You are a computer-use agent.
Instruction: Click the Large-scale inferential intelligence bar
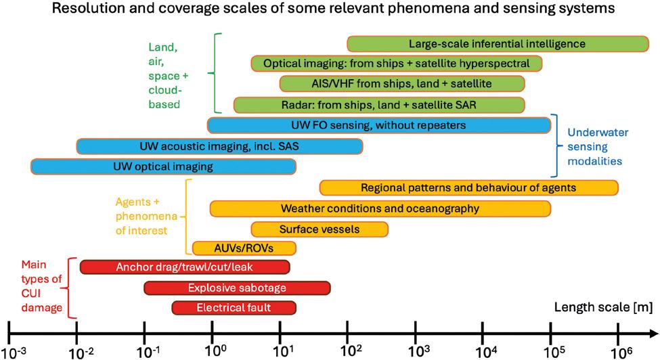tap(497, 44)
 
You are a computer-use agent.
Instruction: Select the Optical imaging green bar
tap(397, 64)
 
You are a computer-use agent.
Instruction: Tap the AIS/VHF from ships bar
tap(402, 84)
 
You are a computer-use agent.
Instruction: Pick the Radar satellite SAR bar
tap(378, 105)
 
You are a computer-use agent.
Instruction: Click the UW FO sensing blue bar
tap(378, 125)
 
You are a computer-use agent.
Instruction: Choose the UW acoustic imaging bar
tap(219, 146)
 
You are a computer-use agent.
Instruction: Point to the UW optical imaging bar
tap(163, 166)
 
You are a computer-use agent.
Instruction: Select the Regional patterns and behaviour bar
tap(468, 187)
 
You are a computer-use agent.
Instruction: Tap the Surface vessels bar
tap(320, 229)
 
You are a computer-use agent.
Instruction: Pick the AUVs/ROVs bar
tap(244, 248)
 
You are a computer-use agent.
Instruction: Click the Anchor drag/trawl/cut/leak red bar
tap(185, 267)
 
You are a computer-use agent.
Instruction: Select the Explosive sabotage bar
tap(237, 288)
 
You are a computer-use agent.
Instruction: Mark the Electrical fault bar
tap(234, 308)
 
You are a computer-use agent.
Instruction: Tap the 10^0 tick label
tap(215, 351)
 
